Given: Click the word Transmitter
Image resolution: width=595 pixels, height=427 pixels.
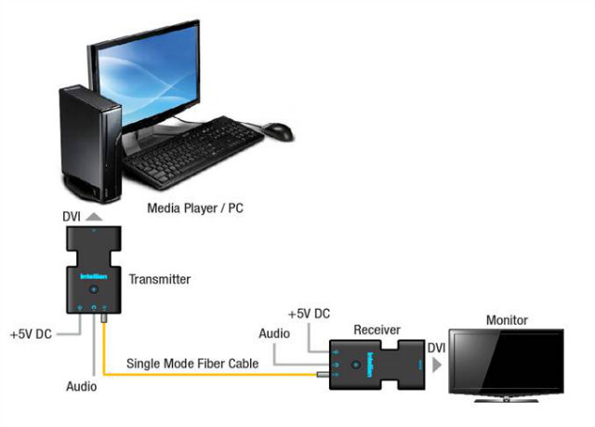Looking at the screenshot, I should (161, 278).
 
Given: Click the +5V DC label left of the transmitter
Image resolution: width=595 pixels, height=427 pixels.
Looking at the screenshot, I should (31, 333).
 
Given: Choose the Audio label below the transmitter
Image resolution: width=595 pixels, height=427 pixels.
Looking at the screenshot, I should (81, 384).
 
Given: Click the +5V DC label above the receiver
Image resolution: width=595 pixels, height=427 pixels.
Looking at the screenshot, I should (310, 314).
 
